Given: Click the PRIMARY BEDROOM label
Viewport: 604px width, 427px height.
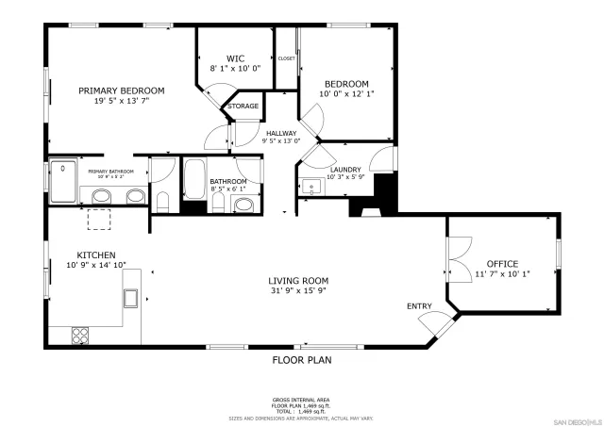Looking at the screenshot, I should (121, 90).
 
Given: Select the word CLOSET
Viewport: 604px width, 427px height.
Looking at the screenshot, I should (286, 58).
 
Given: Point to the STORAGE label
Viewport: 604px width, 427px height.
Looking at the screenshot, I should (243, 106).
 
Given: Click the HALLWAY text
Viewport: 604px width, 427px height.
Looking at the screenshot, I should (281, 133).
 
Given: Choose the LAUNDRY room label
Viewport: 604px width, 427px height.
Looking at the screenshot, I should (344, 169).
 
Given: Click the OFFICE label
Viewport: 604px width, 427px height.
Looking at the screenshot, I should (502, 263).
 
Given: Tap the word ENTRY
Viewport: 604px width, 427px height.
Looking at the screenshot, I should (419, 306).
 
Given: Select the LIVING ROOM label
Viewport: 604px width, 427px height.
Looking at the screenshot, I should (298, 280).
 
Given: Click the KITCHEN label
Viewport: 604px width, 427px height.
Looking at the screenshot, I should (96, 255).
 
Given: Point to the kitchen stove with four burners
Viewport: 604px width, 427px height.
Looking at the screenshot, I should (80, 334).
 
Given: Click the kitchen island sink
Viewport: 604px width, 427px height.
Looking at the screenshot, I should (131, 299).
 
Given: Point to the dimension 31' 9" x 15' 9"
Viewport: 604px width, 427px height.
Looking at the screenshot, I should (298, 290).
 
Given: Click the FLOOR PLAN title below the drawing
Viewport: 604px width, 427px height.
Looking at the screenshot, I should (302, 359).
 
